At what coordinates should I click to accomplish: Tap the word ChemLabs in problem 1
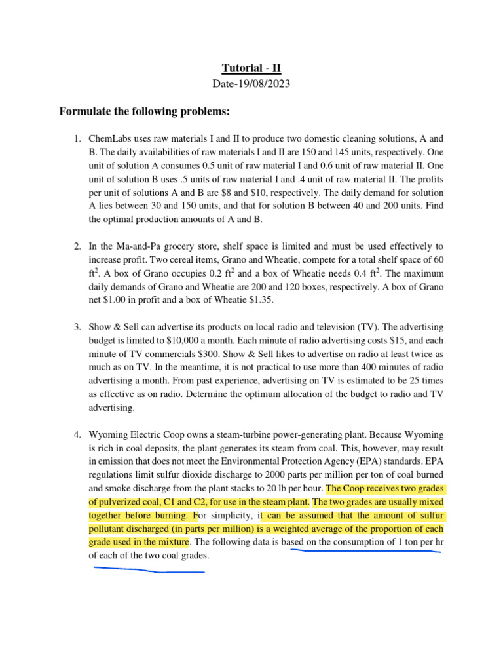(110, 139)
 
